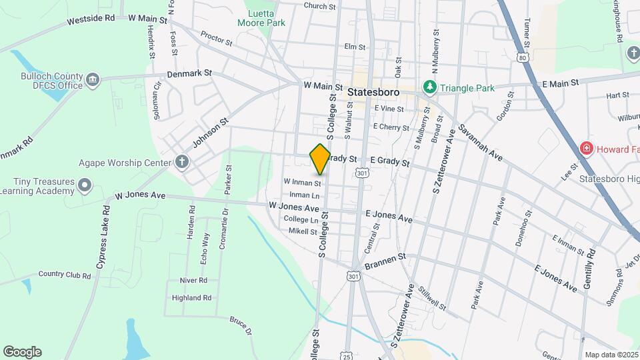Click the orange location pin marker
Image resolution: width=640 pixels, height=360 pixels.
pos(321,159)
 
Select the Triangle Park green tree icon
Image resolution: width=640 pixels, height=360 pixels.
pos(430,87)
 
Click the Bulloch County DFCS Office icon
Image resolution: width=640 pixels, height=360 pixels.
pos(93,80)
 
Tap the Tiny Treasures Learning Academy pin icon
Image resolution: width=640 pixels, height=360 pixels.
pos(85,185)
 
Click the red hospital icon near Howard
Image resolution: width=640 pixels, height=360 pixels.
pos(586,148)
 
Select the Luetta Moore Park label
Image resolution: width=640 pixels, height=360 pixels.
pos(262,17)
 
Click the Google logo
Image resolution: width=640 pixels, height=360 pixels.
pos(22,352)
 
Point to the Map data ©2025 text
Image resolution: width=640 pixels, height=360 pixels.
pos(611,355)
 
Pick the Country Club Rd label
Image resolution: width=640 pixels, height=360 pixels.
pos(64,274)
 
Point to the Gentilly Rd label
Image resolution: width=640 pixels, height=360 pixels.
pos(589,266)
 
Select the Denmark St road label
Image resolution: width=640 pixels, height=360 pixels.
pos(189,73)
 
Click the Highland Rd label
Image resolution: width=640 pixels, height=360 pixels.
pos(191,298)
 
